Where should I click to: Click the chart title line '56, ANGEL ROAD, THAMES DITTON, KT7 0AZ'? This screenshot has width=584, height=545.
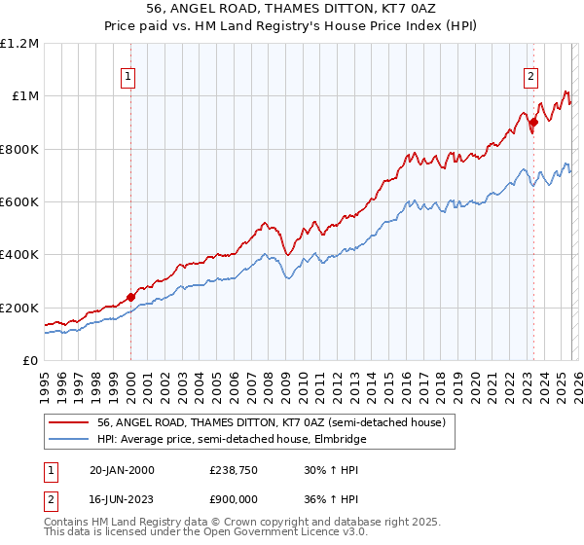pyautogui.click(x=291, y=9)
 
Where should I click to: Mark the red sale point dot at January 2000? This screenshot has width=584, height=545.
pyautogui.click(x=130, y=298)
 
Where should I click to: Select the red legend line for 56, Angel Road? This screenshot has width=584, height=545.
pyautogui.click(x=69, y=422)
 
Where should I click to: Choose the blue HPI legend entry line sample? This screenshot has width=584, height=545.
pyautogui.click(x=69, y=439)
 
